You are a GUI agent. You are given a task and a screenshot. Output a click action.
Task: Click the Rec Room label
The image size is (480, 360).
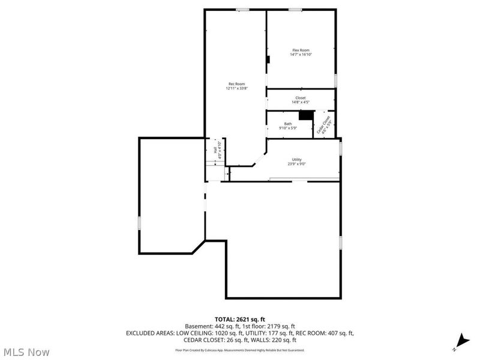point(236,83)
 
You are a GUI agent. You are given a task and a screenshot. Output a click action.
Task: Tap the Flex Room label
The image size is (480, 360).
point(301,50)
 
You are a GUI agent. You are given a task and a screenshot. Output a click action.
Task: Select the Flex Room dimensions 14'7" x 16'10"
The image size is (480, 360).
point(301,55)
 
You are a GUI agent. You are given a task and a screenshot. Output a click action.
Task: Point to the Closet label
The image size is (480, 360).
point(301,97)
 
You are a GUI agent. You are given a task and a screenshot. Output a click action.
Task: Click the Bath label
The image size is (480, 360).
point(288,124)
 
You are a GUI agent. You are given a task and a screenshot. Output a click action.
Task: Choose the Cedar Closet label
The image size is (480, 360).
point(325,124)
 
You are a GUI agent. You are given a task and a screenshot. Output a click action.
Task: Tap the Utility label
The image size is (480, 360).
point(296,159)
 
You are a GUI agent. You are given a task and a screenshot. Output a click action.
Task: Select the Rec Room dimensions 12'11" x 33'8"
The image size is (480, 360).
point(236,88)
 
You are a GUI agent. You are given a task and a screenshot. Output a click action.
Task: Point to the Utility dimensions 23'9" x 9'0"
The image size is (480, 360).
point(296,164)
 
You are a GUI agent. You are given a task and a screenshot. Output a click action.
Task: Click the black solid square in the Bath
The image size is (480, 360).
point(307,115)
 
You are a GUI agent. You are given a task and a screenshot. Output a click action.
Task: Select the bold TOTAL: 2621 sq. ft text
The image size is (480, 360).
point(239,319)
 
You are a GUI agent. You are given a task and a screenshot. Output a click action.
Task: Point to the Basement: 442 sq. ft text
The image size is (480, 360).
point(211,326)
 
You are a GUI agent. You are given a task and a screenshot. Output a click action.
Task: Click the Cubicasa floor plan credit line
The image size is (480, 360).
point(239,350)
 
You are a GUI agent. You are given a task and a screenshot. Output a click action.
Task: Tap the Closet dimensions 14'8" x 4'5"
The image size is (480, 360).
point(301,102)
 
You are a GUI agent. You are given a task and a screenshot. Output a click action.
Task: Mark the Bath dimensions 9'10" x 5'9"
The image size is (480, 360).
point(288,128)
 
